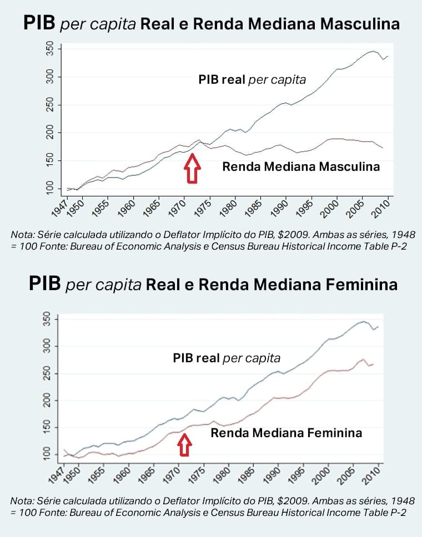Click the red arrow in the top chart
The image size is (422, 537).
192,168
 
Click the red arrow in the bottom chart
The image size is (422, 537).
185,443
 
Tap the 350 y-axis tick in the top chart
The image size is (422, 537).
51,49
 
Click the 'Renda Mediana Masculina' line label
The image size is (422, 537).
301,166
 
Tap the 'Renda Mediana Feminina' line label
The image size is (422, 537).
286,433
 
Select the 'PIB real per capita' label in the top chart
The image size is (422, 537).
252,79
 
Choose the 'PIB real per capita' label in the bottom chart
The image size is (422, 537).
227,358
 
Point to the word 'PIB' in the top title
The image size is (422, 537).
39,24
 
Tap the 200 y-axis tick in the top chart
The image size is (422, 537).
51,133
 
